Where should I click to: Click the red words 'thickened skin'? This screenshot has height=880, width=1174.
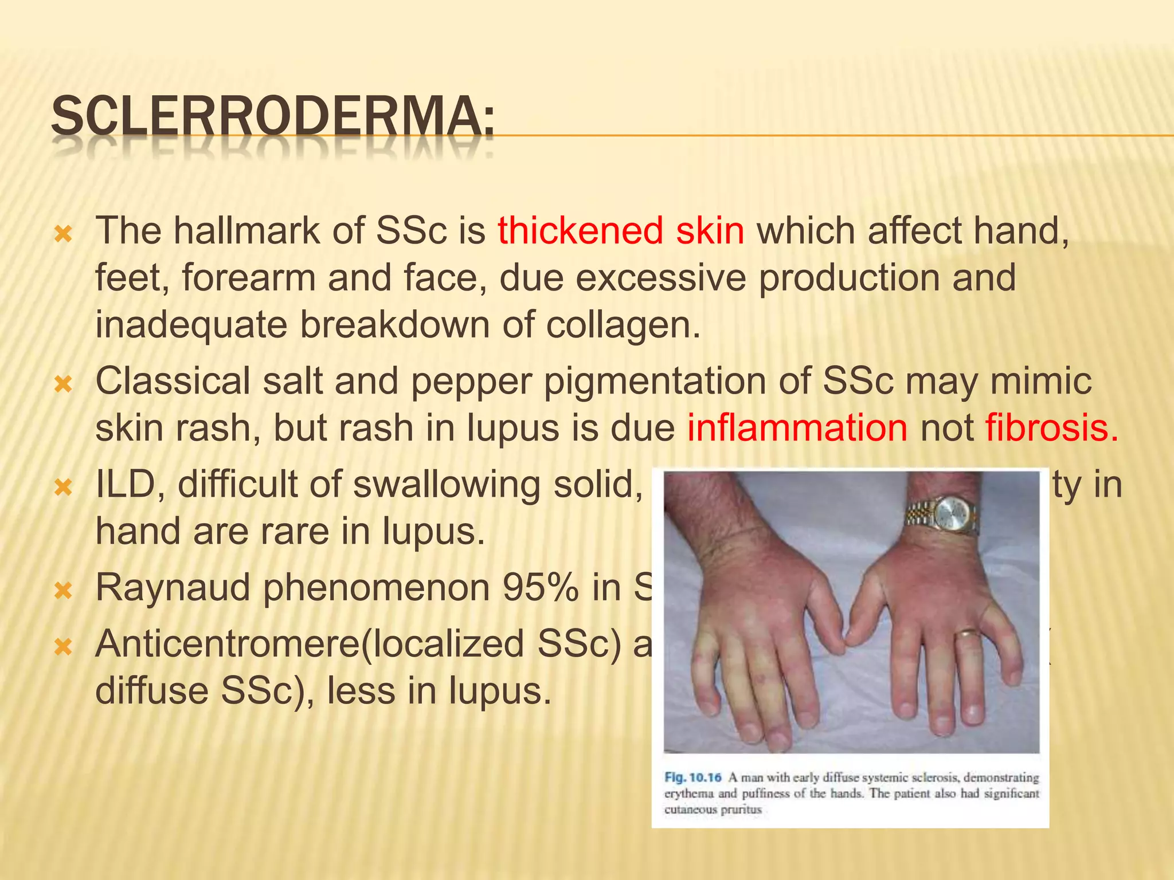621,230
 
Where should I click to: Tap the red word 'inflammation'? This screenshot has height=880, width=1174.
797,428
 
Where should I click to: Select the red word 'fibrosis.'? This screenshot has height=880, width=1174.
1052,428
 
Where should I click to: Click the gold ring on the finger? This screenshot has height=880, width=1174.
969,634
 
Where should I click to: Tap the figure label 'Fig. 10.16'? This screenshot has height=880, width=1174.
692,777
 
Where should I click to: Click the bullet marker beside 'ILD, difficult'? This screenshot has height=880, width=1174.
62,488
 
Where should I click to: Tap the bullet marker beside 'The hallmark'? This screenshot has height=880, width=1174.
62,234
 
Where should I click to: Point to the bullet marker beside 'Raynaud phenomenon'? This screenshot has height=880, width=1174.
62,591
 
